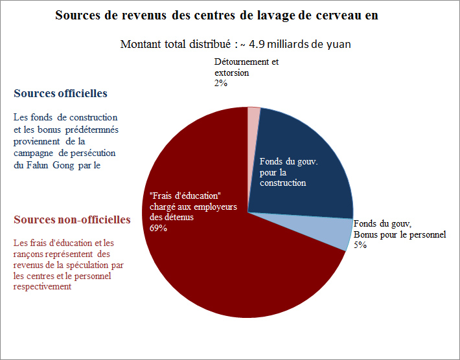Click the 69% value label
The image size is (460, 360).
158,228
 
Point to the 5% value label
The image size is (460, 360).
360,245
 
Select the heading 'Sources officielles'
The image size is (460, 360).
60,94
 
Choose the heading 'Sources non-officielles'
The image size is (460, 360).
72,220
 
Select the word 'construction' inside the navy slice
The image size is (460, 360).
282,183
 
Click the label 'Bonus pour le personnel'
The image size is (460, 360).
399,234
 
